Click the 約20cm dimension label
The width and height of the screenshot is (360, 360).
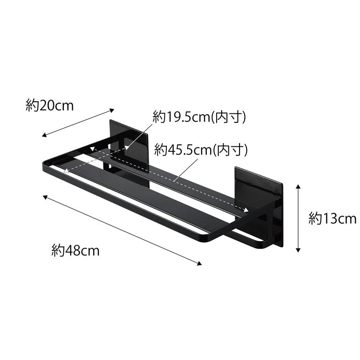tap(50, 106)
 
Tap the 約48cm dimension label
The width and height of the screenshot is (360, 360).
tap(75, 250)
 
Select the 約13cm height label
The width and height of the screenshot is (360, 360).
tap(332, 218)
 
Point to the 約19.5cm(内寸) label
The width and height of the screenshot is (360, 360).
tap(199, 117)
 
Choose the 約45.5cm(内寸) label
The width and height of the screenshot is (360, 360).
tap(201, 150)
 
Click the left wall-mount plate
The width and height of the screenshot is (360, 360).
tap(129, 145)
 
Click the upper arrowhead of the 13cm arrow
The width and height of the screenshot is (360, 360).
tap(298, 187)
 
